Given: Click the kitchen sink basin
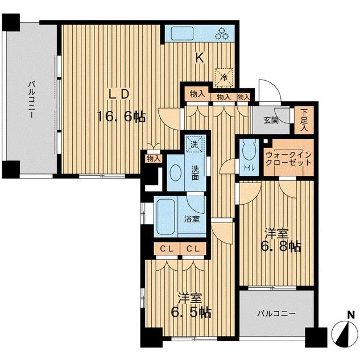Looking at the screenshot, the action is coord(182,34).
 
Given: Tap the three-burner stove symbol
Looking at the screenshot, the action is coord(222,34).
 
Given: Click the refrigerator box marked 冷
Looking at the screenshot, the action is coord(224,77).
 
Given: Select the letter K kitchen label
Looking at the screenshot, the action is coord(200,57).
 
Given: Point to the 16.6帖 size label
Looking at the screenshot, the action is coord(121,116).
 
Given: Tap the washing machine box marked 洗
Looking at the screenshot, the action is coord(195,144).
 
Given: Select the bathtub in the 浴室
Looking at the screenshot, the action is coord(165,217).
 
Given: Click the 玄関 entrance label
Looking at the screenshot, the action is coord(271,120).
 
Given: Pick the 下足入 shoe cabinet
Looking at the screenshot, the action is coord(304,120).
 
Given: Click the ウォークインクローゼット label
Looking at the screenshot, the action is coord(288,158).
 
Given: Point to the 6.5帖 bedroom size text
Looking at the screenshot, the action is coord(191,312).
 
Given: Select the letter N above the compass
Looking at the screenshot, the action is coord(351,315).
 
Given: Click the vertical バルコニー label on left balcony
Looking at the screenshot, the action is coord(32,99).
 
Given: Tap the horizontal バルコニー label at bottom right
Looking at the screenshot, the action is coord(276,314).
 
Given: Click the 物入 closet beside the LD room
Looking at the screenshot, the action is coord(154,159).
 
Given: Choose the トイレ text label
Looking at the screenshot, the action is coord(249,168).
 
